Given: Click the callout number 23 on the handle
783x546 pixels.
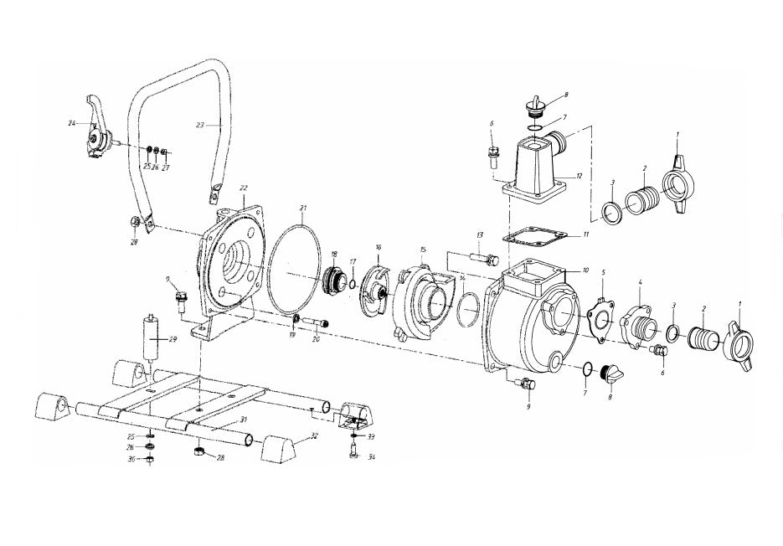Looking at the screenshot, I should click(199, 126).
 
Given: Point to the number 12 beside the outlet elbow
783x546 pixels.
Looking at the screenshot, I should click(578, 177).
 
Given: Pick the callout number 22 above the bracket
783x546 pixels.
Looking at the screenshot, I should click(244, 188).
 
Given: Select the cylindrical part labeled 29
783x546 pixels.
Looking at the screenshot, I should click(152, 338).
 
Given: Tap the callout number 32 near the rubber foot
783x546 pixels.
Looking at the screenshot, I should click(314, 435).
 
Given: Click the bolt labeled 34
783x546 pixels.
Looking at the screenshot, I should click(352, 453).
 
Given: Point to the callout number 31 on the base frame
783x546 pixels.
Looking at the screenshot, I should click(243, 419).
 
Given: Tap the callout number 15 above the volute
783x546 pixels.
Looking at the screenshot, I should click(423, 250).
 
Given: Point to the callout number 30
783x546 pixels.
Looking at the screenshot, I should click(131, 460).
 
